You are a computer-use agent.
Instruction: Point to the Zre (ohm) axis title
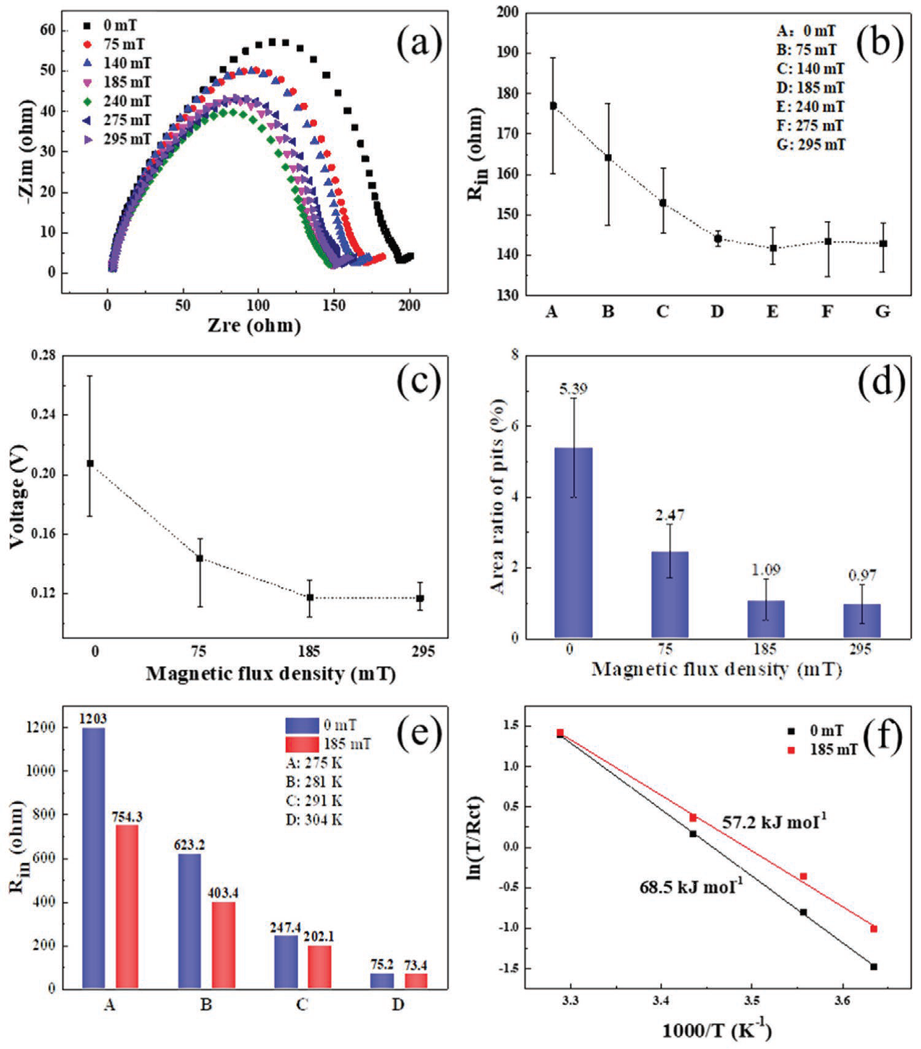(254, 325)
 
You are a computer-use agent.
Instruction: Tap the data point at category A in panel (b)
(553, 106)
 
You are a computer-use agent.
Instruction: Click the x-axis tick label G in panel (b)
(882, 312)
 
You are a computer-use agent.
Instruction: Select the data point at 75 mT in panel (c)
(200, 558)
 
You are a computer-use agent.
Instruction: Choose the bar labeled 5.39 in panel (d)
(573, 543)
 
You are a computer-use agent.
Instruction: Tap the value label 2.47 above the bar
(669, 515)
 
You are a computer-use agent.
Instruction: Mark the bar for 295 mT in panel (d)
(862, 621)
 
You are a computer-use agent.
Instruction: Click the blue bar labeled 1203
(93, 857)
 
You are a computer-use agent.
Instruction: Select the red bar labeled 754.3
(127, 906)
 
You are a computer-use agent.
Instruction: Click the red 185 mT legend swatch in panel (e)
(302, 744)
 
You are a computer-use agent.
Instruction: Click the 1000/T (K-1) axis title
(716, 1031)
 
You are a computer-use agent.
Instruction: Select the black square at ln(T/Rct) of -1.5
(874, 967)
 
